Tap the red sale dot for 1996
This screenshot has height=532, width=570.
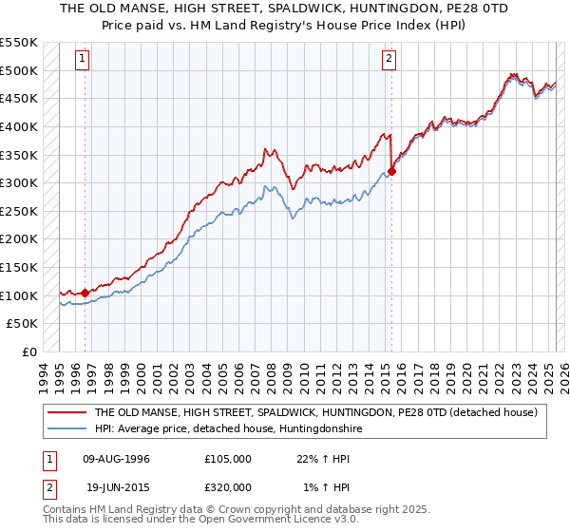(x=85, y=293)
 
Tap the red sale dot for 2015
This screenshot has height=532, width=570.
(x=391, y=171)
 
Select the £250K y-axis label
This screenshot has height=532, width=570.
(x=19, y=211)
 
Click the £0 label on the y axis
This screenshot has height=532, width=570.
(x=29, y=351)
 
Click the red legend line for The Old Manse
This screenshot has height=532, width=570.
(x=66, y=413)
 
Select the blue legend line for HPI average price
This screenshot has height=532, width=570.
(x=66, y=429)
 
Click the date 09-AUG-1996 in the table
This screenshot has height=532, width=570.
(x=116, y=459)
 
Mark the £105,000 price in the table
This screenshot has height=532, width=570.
(x=227, y=459)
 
